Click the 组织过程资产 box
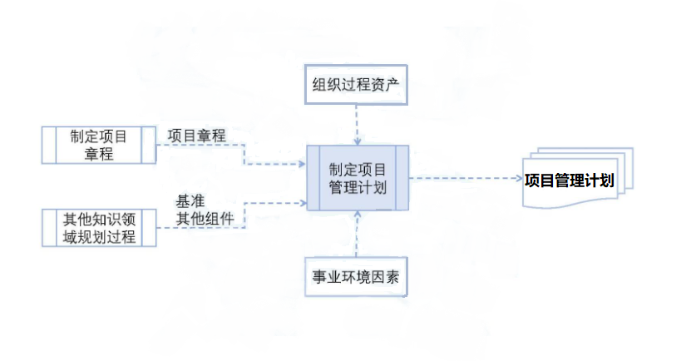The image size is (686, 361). [x=357, y=85]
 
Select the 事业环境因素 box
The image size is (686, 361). [x=357, y=278]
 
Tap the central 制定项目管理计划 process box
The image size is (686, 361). [x=358, y=178]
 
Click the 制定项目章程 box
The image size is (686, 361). [x=98, y=145]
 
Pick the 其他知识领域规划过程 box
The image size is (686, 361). [x=98, y=228]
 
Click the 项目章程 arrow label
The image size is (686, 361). [x=196, y=136]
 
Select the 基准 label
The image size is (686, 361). [x=190, y=201]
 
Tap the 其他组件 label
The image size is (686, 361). [x=204, y=220]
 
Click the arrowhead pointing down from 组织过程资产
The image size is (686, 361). [x=357, y=140]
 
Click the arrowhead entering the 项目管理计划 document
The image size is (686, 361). [x=516, y=178]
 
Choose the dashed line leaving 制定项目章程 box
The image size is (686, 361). [x=200, y=145]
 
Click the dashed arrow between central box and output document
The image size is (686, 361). [x=461, y=178]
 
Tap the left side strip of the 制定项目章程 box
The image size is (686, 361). [x=48, y=145]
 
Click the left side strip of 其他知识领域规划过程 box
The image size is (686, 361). [x=48, y=228]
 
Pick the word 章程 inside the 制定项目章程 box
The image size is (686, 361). [x=98, y=154]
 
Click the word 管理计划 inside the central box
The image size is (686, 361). [x=358, y=187]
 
